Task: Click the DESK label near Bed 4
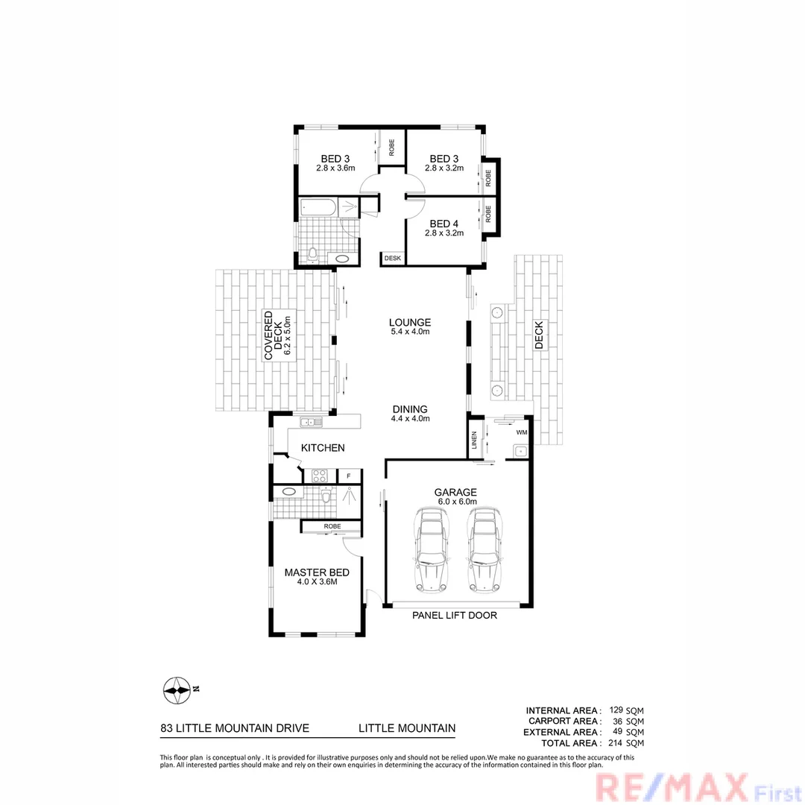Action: pyautogui.click(x=393, y=259)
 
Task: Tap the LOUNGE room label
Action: pyautogui.click(x=410, y=322)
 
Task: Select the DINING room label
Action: pyautogui.click(x=410, y=409)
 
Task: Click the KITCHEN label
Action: pyautogui.click(x=323, y=448)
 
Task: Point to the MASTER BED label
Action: pyautogui.click(x=317, y=573)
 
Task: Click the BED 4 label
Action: pyautogui.click(x=444, y=224)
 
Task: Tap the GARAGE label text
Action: pyautogui.click(x=456, y=492)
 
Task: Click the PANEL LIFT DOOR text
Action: pyautogui.click(x=455, y=616)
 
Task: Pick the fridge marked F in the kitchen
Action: pyautogui.click(x=349, y=475)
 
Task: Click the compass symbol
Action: pyautogui.click(x=177, y=690)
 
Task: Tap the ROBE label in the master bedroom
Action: pyautogui.click(x=332, y=526)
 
